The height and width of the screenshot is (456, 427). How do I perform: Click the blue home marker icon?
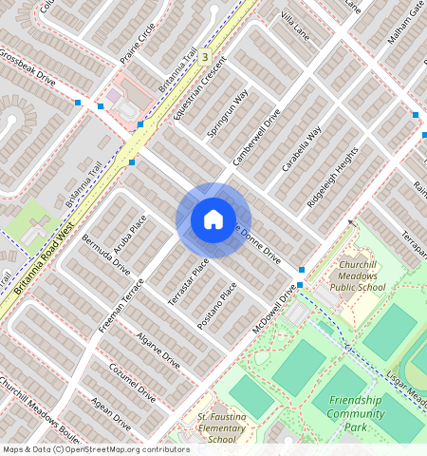[x=213, y=219]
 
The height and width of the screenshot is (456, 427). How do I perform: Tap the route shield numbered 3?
[x=204, y=57]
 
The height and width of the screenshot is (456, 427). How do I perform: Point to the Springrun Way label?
[x=228, y=114]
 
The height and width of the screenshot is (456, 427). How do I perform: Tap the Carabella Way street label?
[x=302, y=147]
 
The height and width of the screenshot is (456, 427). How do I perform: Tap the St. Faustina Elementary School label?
[x=220, y=428]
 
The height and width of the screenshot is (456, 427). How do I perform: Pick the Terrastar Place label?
[x=187, y=282]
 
